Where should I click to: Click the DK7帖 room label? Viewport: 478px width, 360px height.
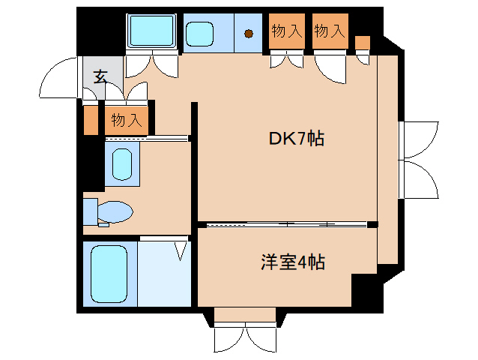[x=297, y=139]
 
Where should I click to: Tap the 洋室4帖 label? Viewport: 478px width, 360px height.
[x=292, y=262]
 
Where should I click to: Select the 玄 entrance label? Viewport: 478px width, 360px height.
[x=100, y=76]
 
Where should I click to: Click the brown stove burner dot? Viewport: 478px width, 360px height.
[x=248, y=33]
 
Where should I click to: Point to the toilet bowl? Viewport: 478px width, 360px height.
[x=116, y=211]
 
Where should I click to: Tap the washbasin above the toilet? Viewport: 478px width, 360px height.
[x=121, y=164]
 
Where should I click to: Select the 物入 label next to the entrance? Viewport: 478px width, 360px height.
[x=127, y=119]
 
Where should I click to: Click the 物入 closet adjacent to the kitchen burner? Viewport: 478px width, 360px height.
[x=286, y=31]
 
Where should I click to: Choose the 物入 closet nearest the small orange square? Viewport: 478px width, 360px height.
[x=330, y=31]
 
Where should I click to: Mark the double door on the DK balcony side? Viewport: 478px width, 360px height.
[x=418, y=157]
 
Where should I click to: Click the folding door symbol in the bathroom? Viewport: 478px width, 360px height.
[x=181, y=249]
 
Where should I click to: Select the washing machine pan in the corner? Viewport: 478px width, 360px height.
[x=152, y=32]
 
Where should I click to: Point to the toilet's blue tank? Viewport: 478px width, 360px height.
[x=90, y=211]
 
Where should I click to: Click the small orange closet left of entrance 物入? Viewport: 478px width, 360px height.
[x=91, y=120]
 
